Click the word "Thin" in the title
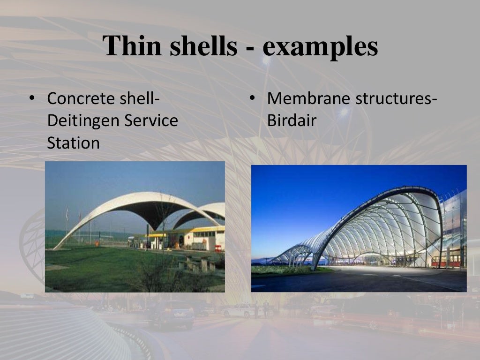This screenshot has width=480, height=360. pyautogui.click(x=128, y=46)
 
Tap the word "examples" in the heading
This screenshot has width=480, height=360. pyautogui.click(x=320, y=46)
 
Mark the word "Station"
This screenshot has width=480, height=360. pyautogui.click(x=74, y=142)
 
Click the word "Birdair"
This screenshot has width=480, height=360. pyautogui.click(x=292, y=121)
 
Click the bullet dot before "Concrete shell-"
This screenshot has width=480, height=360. pyautogui.click(x=31, y=99)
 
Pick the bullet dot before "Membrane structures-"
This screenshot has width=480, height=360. pyautogui.click(x=252, y=99)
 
